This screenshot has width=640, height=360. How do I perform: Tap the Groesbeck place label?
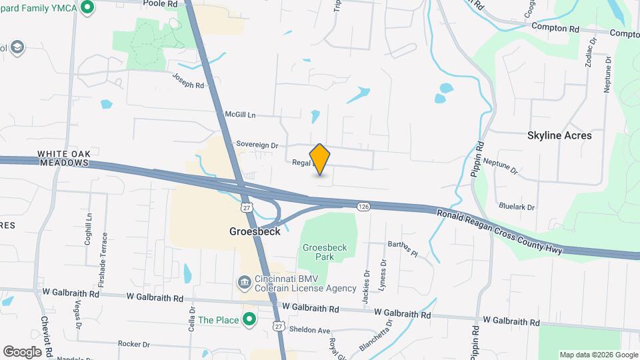(x=255, y=232)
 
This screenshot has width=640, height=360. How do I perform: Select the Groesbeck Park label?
(x=325, y=252)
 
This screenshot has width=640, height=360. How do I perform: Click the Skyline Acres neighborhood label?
(x=559, y=135)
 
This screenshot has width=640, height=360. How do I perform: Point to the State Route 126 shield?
(x=363, y=207)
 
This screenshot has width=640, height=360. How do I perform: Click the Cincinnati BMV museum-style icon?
(x=244, y=283)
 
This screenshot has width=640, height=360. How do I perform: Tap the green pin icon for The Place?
(x=249, y=320)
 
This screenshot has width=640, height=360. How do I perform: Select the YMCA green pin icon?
(x=87, y=8)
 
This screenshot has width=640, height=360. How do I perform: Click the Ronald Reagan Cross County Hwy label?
(x=500, y=231)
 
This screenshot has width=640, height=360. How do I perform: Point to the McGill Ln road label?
(x=240, y=115)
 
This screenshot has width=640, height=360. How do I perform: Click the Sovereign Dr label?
(x=257, y=145)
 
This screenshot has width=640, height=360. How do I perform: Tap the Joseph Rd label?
(x=188, y=81)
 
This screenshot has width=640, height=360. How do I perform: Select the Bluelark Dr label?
(x=517, y=207)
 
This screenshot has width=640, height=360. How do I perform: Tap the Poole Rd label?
(x=163, y=4)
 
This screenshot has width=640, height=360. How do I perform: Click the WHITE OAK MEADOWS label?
(x=63, y=157)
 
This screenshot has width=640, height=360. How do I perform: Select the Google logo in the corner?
(x=22, y=351)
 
